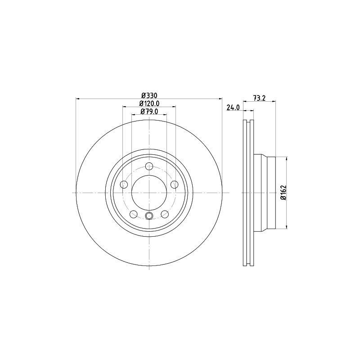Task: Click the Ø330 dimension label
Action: point(149,95)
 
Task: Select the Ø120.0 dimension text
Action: point(149,103)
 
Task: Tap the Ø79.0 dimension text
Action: point(149,112)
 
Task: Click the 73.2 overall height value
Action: point(259,98)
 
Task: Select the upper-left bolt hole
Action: point(124,184)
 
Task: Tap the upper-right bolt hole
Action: point(174,184)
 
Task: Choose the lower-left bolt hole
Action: point(133,214)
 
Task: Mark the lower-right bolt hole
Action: point(165,214)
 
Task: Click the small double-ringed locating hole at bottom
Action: point(149,217)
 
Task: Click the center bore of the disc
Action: point(149,193)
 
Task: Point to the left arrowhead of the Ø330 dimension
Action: point(78,98)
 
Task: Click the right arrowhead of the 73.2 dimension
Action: point(273,102)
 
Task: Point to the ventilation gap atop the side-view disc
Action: point(248,122)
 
